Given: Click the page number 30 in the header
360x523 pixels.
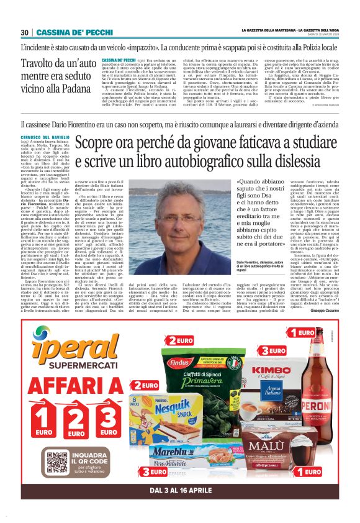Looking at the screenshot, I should pyautogui.click(x=25, y=32).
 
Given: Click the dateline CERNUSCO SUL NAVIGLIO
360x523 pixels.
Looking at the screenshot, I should pyautogui.click(x=45, y=143).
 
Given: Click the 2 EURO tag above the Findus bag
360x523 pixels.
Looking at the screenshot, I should pyautogui.click(x=178, y=341).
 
